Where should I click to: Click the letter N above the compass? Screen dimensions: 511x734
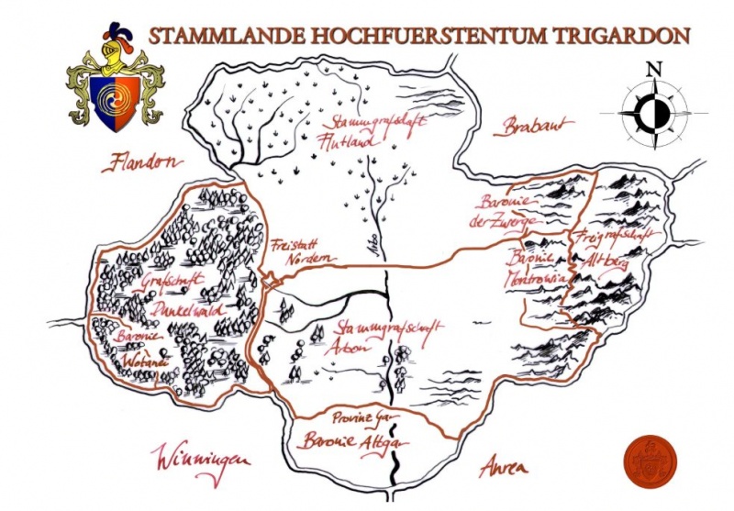[653, 69]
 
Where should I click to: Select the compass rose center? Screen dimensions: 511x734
[653, 113]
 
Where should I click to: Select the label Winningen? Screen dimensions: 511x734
[202, 459]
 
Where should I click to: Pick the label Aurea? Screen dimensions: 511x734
[504, 467]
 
